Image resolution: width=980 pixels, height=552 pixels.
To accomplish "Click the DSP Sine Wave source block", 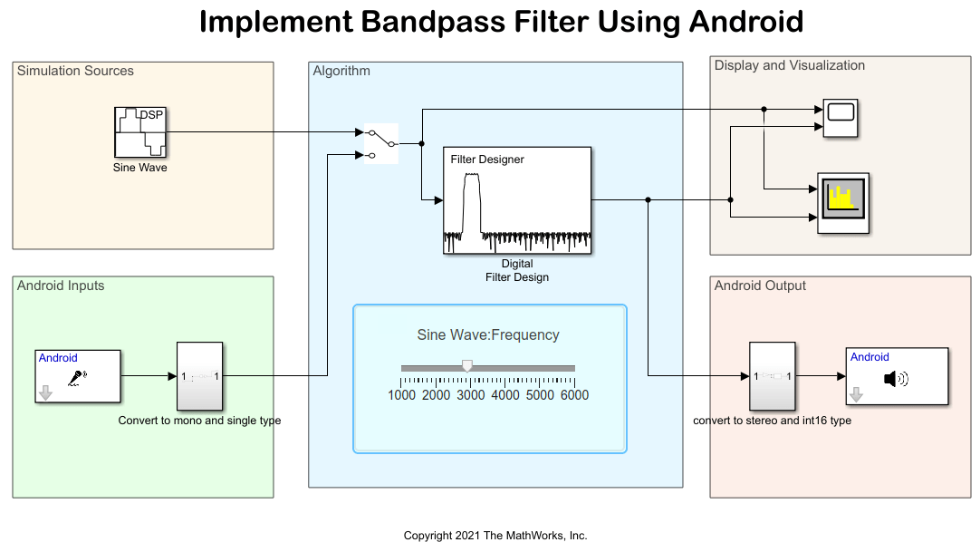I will point(140,132).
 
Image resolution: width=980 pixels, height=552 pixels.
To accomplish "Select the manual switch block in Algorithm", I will point(381,144).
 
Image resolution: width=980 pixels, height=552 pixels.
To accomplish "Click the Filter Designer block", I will point(517,201).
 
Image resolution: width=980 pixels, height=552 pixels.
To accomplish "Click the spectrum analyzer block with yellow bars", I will point(843,203).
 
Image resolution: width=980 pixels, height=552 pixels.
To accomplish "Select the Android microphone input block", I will point(78,375).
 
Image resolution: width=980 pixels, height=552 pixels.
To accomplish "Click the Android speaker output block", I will point(897,376).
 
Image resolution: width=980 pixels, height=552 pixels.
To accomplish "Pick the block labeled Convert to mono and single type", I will point(199,376).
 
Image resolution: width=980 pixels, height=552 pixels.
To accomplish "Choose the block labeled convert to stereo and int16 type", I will point(773,376).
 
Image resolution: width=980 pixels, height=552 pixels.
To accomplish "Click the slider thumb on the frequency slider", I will point(467,365).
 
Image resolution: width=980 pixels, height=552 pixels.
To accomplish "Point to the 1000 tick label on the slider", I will point(402,395).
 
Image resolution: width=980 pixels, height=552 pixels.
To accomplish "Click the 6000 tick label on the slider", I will point(574,395).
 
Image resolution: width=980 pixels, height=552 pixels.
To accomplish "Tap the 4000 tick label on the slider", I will point(505,395).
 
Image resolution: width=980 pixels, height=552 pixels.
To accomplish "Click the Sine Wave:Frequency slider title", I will point(488,334).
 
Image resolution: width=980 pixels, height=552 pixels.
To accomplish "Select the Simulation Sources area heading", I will point(75,71).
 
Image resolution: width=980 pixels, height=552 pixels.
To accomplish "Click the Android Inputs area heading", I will point(61,286).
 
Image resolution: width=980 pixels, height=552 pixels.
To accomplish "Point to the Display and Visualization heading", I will point(789,65).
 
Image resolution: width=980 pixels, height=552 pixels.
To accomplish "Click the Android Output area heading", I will point(760,286).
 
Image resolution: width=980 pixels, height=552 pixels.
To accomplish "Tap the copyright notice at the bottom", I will point(495,536).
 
